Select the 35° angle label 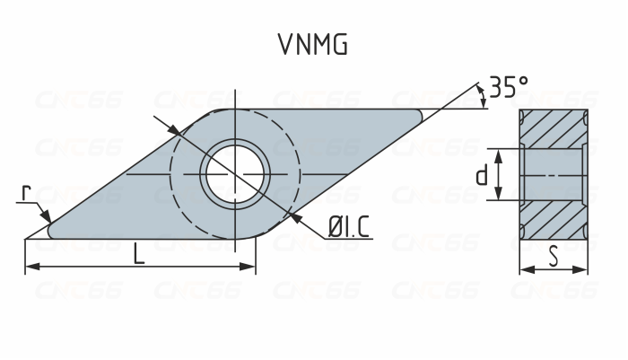tap(509, 87)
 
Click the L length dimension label tap(139, 254)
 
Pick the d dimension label tap(483, 175)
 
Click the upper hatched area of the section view tap(554, 128)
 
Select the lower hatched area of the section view tap(554, 221)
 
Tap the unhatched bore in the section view tap(554, 174)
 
